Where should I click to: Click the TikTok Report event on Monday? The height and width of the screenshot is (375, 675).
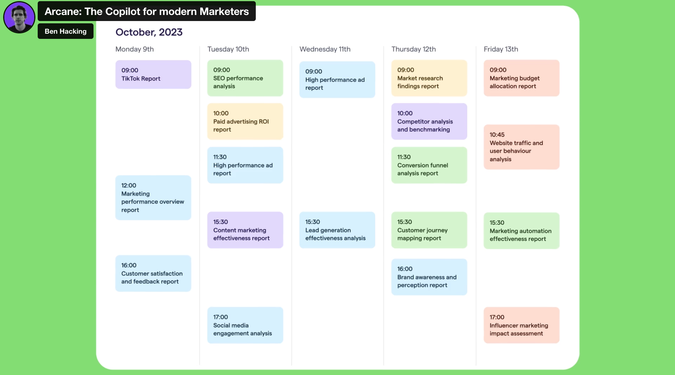153,74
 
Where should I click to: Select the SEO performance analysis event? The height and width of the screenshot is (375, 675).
245,78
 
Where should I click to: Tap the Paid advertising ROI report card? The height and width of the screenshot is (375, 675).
245,121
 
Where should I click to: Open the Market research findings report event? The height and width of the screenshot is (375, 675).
429,78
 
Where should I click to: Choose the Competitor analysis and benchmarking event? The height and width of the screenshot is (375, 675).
429,121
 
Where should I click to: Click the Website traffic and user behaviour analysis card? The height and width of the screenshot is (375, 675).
521,147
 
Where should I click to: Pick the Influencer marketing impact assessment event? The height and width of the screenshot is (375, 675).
521,325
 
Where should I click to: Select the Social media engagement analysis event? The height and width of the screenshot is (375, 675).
245,325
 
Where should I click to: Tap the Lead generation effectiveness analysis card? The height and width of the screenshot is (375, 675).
337,230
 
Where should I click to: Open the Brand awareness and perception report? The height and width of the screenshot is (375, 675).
429,277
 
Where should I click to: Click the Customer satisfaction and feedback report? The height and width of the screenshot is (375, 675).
153,273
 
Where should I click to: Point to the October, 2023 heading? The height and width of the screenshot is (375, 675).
149,32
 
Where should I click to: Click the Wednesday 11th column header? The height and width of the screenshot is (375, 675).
325,49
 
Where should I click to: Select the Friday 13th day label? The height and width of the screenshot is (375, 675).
501,49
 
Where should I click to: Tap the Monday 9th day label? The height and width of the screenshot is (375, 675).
135,49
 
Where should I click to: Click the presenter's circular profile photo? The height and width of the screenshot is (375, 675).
19,17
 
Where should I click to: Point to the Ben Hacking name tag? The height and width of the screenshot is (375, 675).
66,31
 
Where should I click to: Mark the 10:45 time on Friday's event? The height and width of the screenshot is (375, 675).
497,135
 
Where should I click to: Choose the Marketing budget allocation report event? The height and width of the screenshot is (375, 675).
521,78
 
